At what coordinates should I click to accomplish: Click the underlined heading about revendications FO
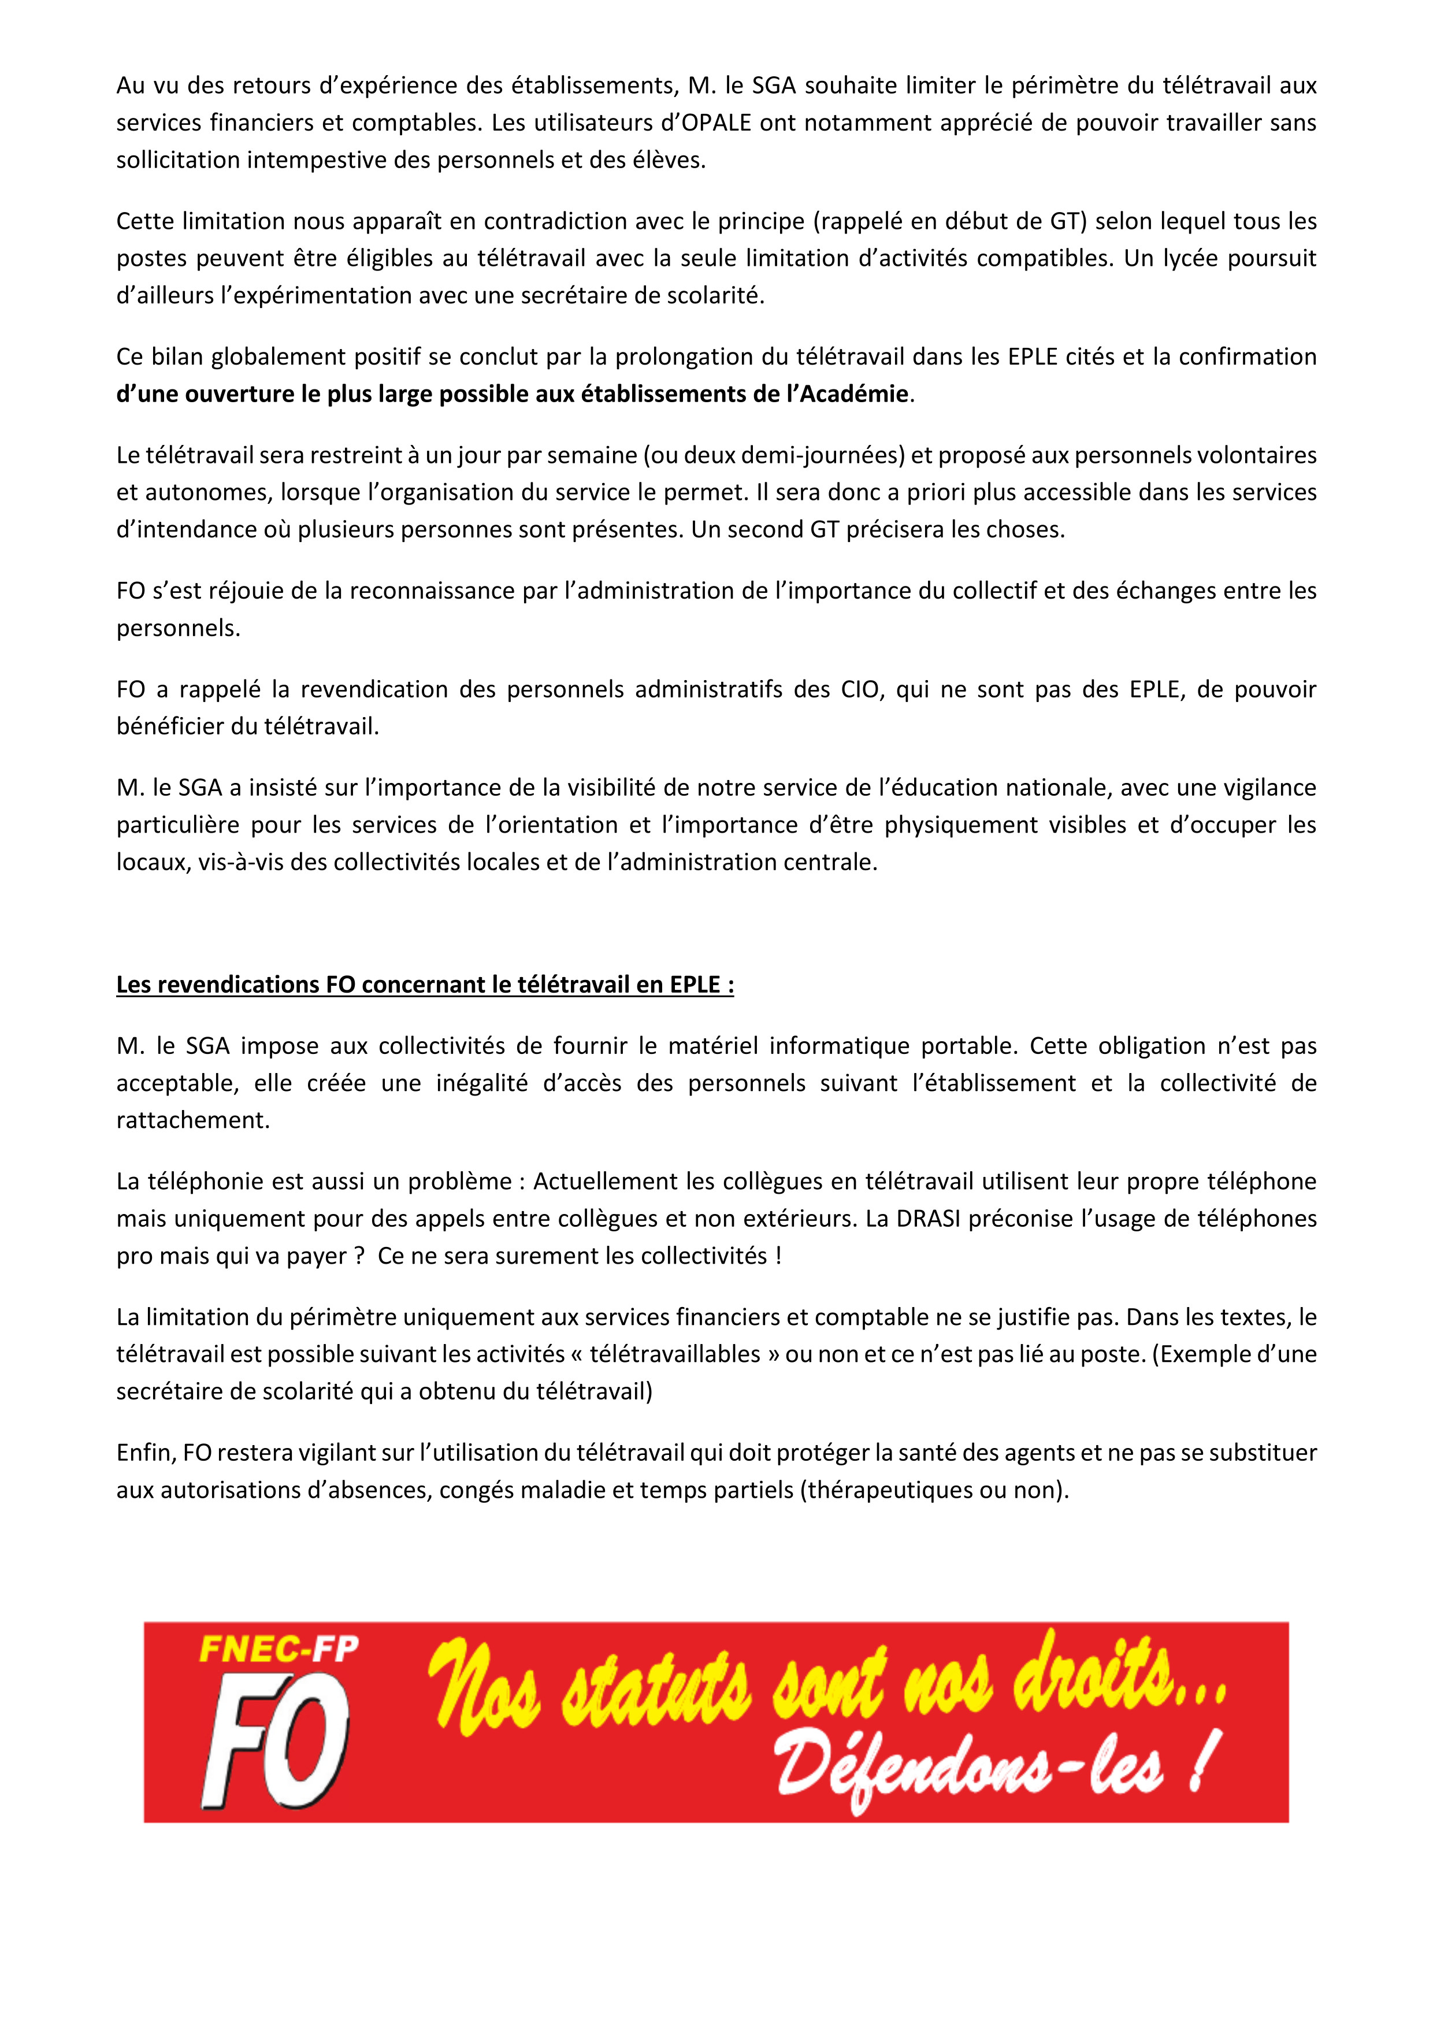pyautogui.click(x=425, y=985)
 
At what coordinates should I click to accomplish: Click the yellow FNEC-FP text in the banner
pyautogui.click(x=279, y=1649)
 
